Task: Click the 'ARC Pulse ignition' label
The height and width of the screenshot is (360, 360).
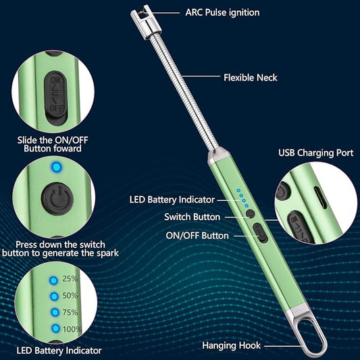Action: tap(222, 13)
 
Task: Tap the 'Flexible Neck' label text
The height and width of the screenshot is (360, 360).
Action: tap(251, 78)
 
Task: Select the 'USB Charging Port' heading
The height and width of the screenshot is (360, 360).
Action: tap(315, 153)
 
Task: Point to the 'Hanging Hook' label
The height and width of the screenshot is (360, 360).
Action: tap(232, 346)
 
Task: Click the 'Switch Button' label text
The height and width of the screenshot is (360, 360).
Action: tap(192, 217)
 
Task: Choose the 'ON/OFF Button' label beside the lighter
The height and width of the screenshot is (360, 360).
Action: tap(197, 236)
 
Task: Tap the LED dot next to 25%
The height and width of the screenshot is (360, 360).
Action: tap(53, 280)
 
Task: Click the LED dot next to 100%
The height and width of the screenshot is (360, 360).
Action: tap(55, 328)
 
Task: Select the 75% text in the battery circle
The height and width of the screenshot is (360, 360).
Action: tap(70, 312)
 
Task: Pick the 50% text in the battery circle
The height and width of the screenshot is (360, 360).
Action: tap(70, 295)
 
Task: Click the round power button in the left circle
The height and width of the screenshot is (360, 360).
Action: tap(57, 199)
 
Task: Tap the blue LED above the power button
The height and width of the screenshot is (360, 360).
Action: tap(57, 167)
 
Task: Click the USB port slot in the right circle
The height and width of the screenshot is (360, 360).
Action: tap(321, 197)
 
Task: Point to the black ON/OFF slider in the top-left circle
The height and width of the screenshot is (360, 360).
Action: tap(56, 98)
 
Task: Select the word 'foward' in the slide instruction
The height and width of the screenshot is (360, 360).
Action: tap(67, 149)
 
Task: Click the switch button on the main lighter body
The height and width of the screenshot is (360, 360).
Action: tap(251, 213)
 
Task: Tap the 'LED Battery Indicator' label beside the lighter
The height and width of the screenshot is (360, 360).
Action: tap(172, 199)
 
